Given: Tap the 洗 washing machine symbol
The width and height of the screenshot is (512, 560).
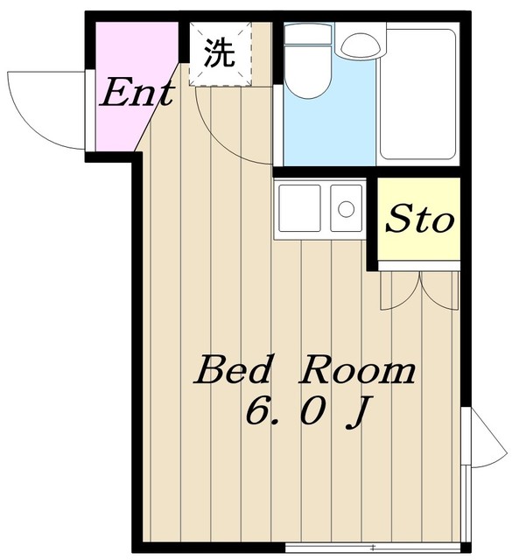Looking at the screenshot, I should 219,54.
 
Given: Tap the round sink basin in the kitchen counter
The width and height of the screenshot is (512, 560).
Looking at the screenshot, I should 346,209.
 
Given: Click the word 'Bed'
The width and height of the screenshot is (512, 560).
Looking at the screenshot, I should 231,371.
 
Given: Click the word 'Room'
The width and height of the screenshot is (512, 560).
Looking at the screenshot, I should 359,371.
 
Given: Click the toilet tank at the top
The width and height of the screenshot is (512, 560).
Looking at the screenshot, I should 308,34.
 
